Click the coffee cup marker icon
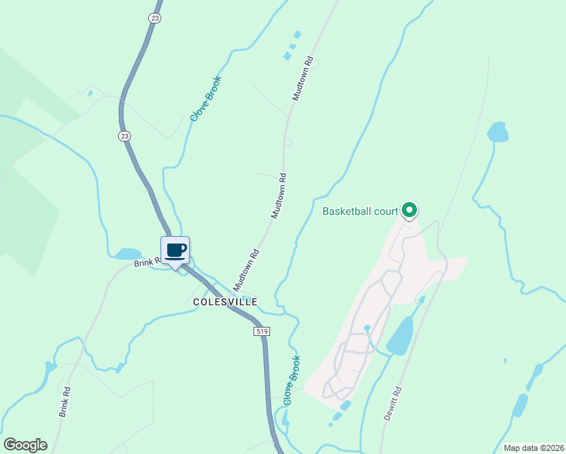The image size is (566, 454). point(175,250)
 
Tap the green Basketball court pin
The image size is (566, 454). point(409,210)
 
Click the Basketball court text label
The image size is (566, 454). point(359,211)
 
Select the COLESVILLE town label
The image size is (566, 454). point(225,301)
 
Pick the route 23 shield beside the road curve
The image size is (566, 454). point(124,135)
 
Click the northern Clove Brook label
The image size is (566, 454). point(205,99)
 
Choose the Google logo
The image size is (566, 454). point(25,445)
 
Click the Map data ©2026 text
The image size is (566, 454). point(533,448)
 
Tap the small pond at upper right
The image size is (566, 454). point(497,132)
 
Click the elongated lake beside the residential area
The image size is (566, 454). point(401,336)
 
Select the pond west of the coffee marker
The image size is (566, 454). point(128,253)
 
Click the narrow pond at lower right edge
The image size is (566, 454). point(520,405)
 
